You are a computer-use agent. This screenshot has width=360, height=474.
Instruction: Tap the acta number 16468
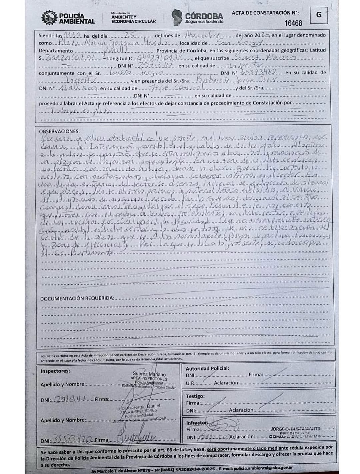pyautogui.click(x=293, y=23)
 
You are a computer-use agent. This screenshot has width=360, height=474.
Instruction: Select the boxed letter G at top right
pyautogui.click(x=319, y=15)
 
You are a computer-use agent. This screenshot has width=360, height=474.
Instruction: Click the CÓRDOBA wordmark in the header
pyautogui.click(x=204, y=16)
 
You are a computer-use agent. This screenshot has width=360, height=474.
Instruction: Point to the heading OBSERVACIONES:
pyautogui.click(x=59, y=131)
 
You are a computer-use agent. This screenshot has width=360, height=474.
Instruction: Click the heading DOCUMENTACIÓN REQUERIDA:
pyautogui.click(x=77, y=298)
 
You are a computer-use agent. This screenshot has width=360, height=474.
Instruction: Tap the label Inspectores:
pyautogui.click(x=55, y=371)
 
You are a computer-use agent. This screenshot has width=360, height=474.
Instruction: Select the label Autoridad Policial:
pyautogui.click(x=207, y=368)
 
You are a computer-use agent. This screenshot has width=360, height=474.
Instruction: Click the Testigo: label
pyautogui.click(x=195, y=396)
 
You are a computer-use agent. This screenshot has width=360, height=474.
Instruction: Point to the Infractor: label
pyautogui.click(x=197, y=423)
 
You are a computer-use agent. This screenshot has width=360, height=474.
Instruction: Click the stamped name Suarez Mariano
pyautogui.click(x=149, y=374)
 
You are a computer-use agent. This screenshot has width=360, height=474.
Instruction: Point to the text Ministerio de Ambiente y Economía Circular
pyautogui.click(x=133, y=18)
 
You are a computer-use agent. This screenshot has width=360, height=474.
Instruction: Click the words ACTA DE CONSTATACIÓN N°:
pyautogui.click(x=265, y=13)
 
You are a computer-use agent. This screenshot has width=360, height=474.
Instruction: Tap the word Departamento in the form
pyautogui.click(x=56, y=51)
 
